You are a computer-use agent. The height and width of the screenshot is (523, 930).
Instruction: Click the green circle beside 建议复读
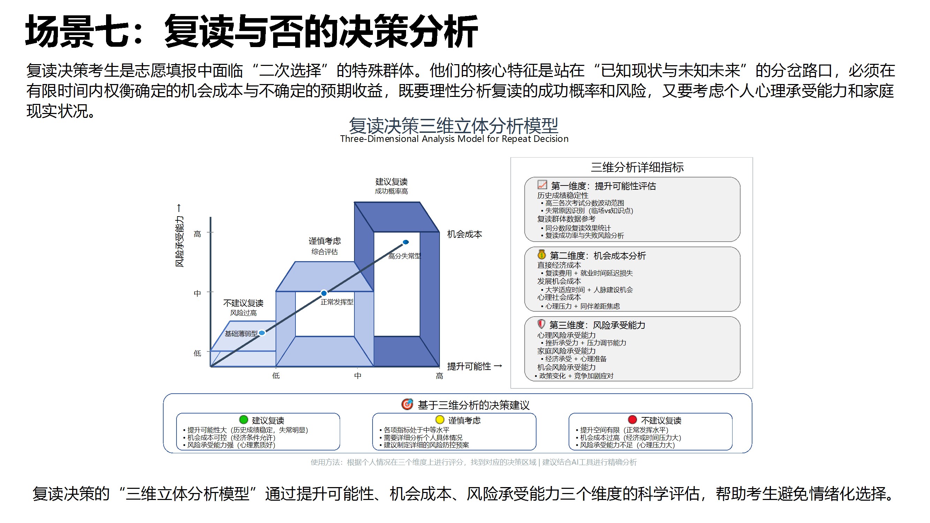pos(244,419)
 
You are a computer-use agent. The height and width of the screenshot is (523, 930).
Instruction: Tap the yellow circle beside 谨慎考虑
pos(440,419)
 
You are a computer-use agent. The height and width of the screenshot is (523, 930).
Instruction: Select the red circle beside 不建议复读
pos(632,419)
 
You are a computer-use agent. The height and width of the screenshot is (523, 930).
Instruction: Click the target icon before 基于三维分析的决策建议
pos(407,404)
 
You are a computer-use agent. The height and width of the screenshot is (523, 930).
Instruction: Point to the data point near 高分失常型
pos(406,242)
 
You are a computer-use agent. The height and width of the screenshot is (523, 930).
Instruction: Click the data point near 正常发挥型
pos(324,293)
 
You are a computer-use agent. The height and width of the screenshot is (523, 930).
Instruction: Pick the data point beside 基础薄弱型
pos(262,333)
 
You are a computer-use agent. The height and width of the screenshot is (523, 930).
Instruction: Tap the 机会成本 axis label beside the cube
pos(464,234)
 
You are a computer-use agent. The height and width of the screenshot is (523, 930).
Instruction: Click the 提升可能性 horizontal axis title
pos(468,366)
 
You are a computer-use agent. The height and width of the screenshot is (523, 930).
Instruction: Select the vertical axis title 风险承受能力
pos(179,241)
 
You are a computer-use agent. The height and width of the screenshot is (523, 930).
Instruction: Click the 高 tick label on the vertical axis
pos(197,234)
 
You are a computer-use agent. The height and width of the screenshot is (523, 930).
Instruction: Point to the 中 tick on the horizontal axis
pos(358,376)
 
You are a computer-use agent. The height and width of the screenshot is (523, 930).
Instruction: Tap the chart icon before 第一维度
pos(542,185)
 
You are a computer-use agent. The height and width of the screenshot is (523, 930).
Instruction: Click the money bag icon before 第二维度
pos(541,255)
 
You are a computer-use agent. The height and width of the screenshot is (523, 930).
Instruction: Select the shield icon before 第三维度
pos(541,324)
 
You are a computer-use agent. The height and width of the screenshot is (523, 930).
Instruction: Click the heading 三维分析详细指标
pos(637,167)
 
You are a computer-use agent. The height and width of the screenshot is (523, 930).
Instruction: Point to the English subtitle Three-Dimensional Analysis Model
pos(454,139)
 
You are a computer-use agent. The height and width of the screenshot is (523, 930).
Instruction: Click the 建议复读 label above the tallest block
pos(391,182)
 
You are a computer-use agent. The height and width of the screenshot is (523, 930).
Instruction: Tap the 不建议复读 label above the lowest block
pos(243,303)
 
